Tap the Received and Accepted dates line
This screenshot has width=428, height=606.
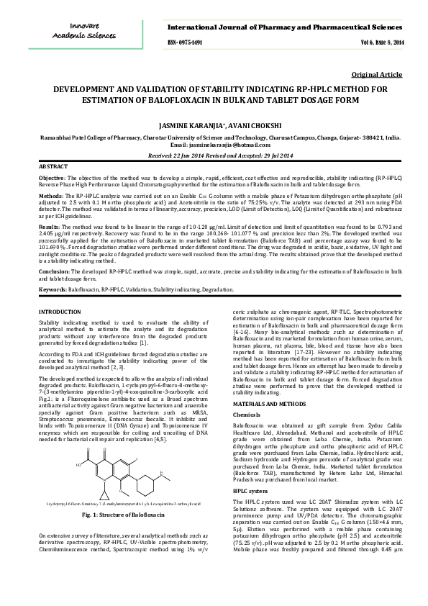214,155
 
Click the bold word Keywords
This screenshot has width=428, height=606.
53,289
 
